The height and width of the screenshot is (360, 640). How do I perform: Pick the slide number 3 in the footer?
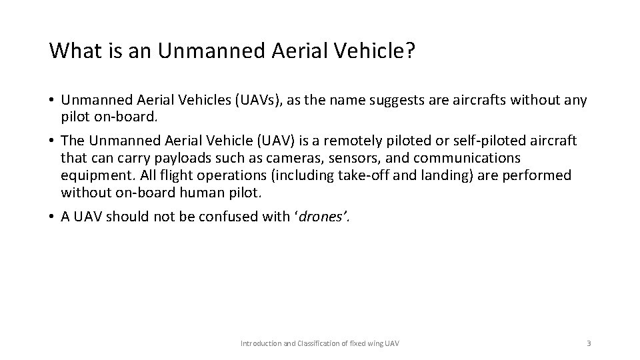click(589, 343)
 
